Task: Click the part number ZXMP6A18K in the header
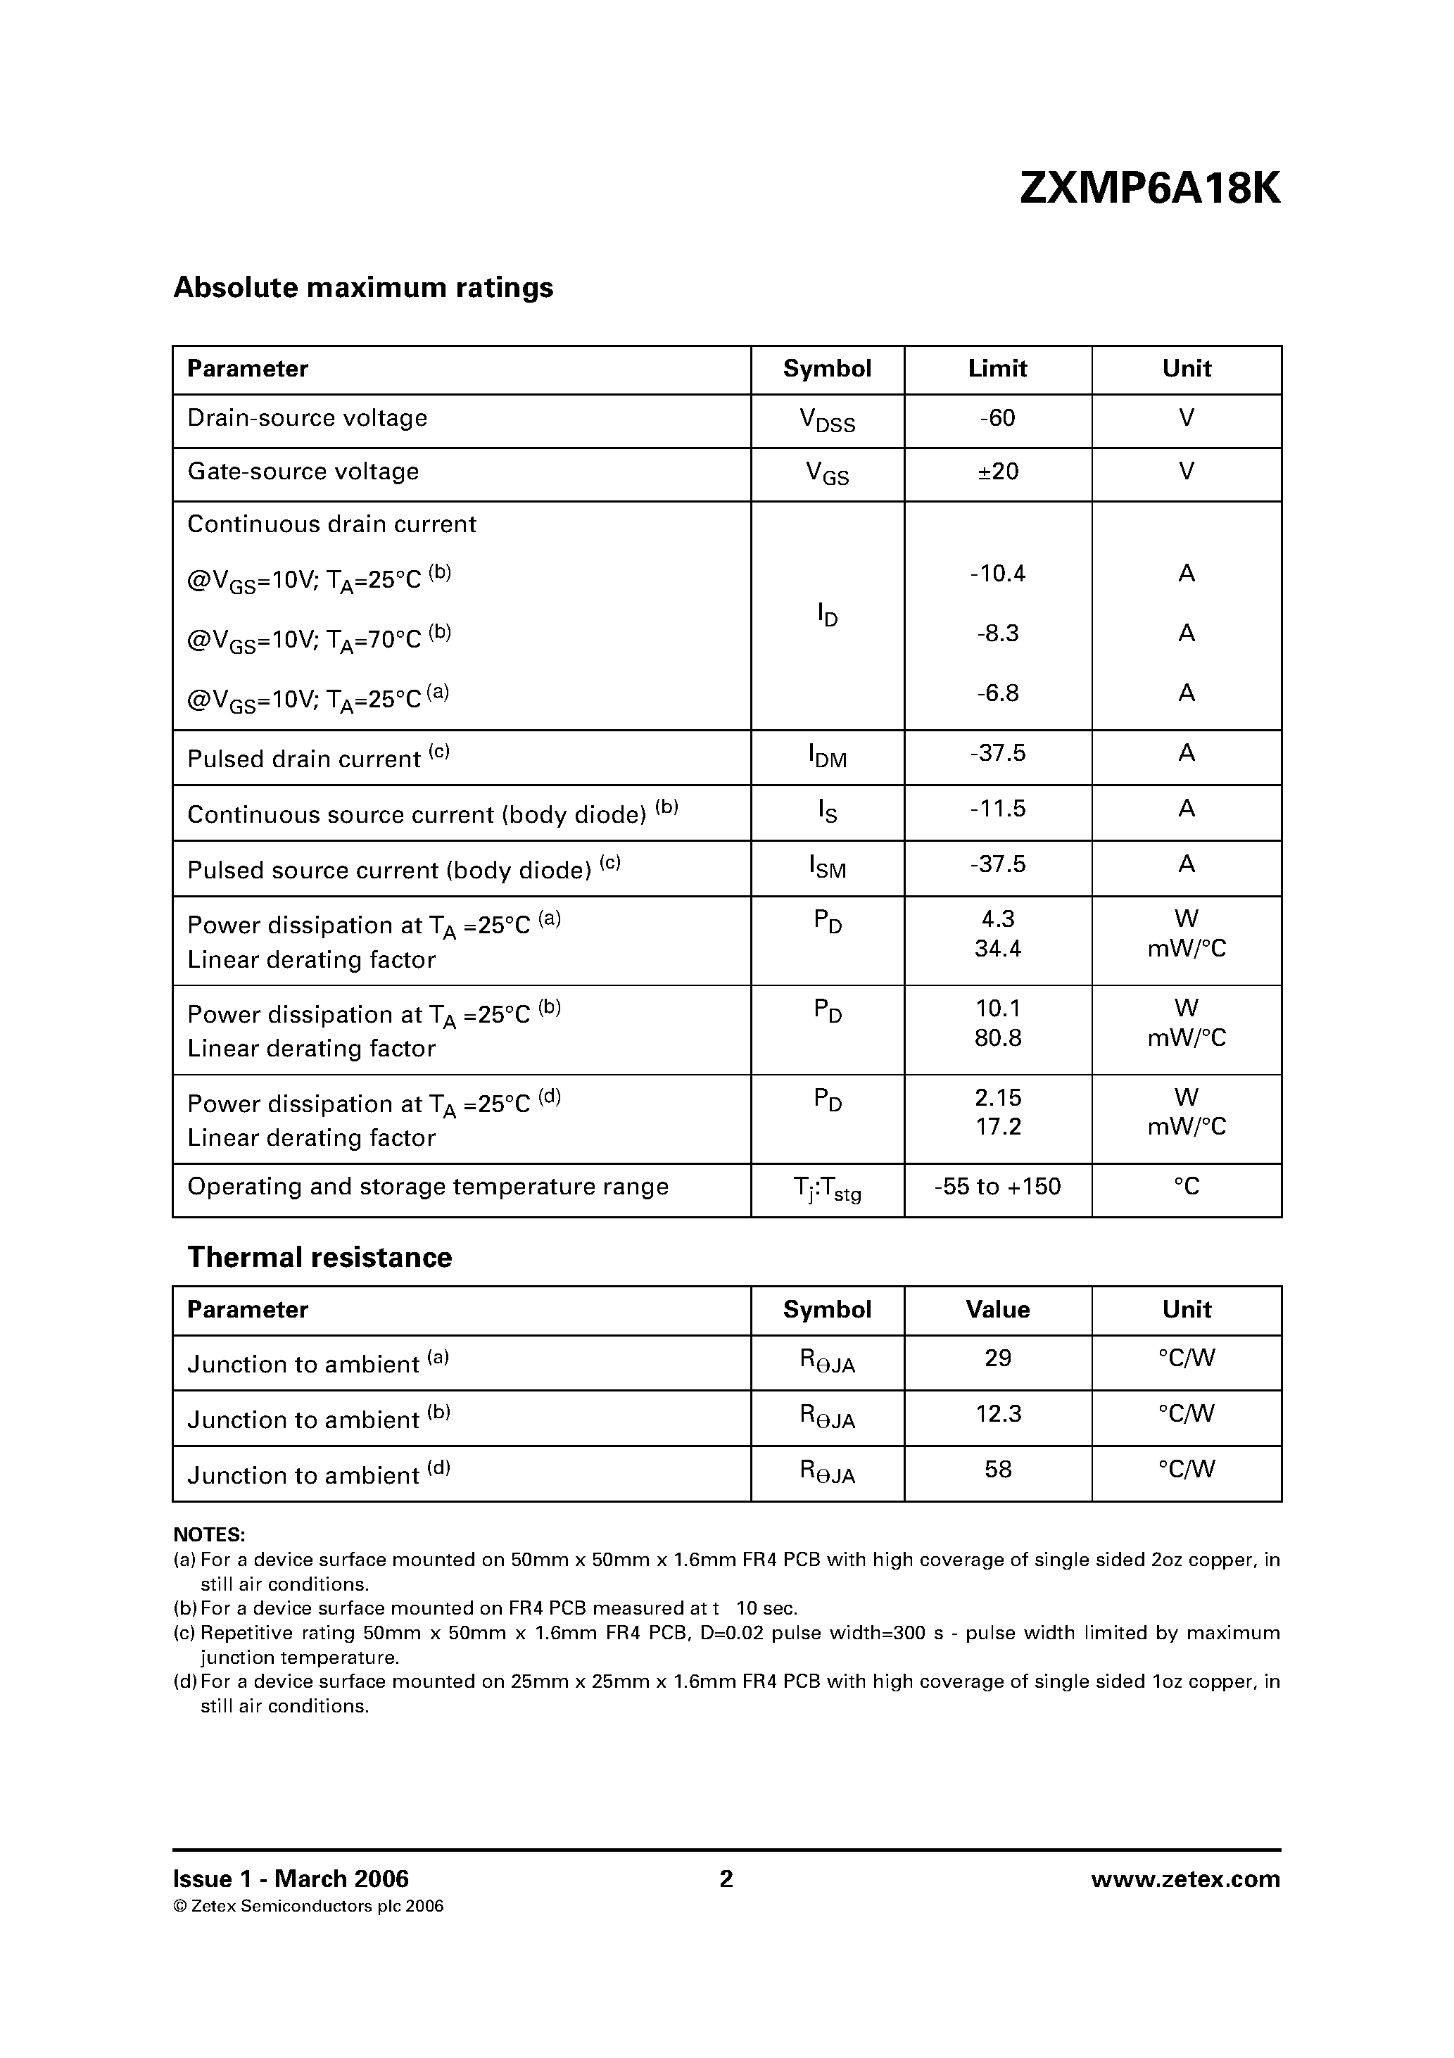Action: point(1150,189)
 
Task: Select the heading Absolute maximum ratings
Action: point(363,288)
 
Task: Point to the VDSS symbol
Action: point(826,420)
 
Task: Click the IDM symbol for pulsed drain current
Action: point(826,757)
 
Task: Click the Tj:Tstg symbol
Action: point(826,1189)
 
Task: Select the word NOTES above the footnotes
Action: point(209,1534)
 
